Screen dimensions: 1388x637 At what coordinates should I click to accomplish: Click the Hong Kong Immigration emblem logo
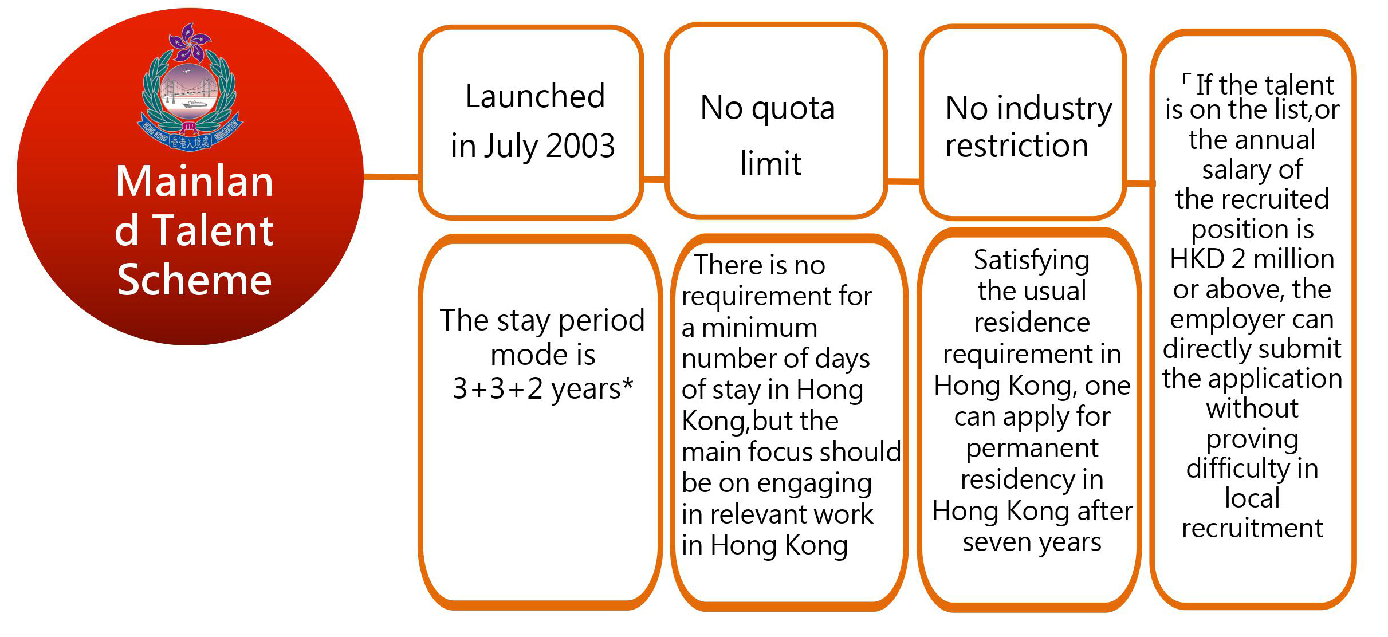pyautogui.click(x=190, y=87)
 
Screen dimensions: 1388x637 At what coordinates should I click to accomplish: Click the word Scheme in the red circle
pyautogui.click(x=194, y=280)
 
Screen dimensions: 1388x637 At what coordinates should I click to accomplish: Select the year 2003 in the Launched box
pyautogui.click(x=580, y=146)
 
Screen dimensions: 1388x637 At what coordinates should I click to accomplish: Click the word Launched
pyautogui.click(x=535, y=96)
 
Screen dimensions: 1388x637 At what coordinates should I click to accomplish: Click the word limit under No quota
pyautogui.click(x=770, y=163)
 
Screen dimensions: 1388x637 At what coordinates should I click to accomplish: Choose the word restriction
pyautogui.click(x=1017, y=146)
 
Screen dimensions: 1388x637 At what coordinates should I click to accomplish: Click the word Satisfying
pyautogui.click(x=1032, y=261)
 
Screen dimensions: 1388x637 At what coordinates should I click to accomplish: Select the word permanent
pyautogui.click(x=1032, y=449)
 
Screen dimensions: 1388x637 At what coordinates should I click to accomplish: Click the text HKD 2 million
pyautogui.click(x=1252, y=259)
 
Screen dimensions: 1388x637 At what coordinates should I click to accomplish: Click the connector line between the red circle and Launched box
pyautogui.click(x=392, y=176)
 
